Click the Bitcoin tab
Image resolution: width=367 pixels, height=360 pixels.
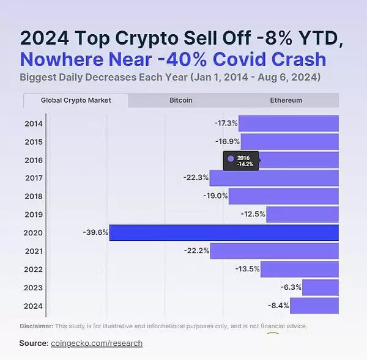[x=181, y=100]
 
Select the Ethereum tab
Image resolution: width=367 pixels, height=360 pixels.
[x=286, y=100]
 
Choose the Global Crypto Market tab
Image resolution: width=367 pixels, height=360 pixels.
[x=76, y=100]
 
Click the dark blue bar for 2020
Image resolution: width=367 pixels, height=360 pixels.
[x=224, y=232]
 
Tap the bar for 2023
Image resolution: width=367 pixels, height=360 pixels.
[x=320, y=287]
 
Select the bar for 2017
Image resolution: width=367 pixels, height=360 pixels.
[x=274, y=178]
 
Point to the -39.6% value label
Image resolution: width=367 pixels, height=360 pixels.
[x=95, y=232]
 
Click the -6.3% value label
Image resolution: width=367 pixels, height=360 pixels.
[x=290, y=287]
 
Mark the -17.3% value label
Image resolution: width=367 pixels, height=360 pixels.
[x=226, y=123]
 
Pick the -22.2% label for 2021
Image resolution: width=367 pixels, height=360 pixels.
[x=196, y=251]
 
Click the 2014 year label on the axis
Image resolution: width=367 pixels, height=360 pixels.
[x=33, y=123]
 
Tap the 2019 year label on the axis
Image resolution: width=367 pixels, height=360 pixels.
[x=33, y=215]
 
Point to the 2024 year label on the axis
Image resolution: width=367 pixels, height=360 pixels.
[x=33, y=306]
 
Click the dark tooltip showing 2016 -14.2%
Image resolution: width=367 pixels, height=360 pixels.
[x=241, y=161]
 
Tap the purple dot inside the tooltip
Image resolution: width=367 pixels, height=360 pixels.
[x=231, y=158]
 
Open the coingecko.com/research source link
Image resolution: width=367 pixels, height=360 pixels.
[x=97, y=343]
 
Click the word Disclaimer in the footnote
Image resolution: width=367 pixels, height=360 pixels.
[x=36, y=326]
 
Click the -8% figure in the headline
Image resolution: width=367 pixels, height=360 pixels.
[x=270, y=38]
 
